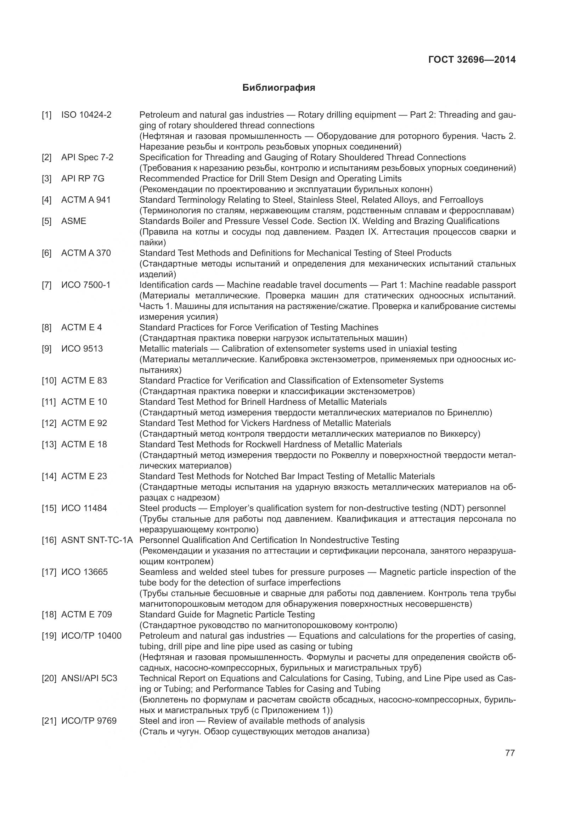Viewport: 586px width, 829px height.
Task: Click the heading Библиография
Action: (278, 88)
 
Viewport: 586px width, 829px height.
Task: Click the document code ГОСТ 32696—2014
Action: (472, 60)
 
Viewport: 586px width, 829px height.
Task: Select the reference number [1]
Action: (46, 115)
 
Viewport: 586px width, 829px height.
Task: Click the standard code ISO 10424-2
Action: (86, 115)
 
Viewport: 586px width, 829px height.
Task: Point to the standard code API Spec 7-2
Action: (87, 157)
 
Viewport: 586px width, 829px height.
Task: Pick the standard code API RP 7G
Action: (83, 179)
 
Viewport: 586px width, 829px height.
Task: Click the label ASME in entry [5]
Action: (74, 221)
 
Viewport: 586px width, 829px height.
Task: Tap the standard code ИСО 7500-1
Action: (85, 285)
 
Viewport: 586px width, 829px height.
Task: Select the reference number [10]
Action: (49, 381)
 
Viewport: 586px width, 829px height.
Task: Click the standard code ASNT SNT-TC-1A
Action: (97, 540)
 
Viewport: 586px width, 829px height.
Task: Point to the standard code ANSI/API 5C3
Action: (89, 678)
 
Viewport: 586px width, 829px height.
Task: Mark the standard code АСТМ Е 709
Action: (86, 615)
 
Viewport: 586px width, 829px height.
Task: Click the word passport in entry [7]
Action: (500, 285)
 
